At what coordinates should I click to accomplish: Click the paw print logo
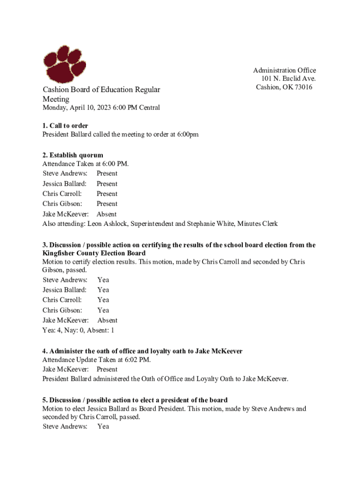tap(67, 64)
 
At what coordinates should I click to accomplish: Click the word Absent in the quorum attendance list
tap(107, 214)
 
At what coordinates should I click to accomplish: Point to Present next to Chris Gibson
tap(107, 203)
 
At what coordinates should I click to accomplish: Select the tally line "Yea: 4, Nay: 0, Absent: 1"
tap(78, 330)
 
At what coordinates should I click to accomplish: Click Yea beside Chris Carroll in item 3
tap(103, 300)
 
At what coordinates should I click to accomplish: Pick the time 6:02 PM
tap(139, 360)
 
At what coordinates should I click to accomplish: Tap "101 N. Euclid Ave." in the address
tap(288, 79)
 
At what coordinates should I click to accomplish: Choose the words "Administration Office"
tap(284, 70)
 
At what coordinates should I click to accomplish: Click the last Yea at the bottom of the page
tap(103, 426)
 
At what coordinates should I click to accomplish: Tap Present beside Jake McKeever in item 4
tap(107, 369)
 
